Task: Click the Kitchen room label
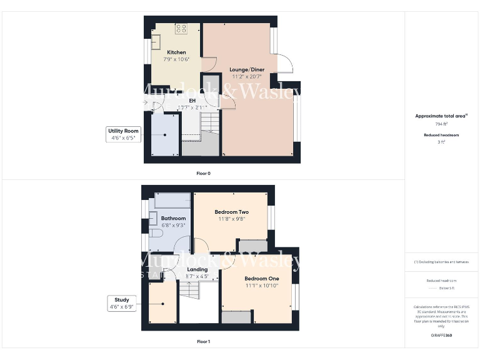pos(176,52)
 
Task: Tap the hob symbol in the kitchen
pos(181,28)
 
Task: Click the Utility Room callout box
pos(123,134)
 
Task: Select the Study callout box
pos(121,303)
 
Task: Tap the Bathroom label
pos(173,218)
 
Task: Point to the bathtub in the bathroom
pos(172,201)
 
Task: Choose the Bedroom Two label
pos(231,212)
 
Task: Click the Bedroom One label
pos(261,278)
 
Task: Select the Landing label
pos(197,269)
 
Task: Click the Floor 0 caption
pos(203,172)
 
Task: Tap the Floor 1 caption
pos(203,342)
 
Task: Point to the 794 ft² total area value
pos(441,124)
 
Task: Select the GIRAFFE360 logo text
pos(441,336)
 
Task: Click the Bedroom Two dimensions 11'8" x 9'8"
pos(231,219)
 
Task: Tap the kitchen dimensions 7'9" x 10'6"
pos(176,59)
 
